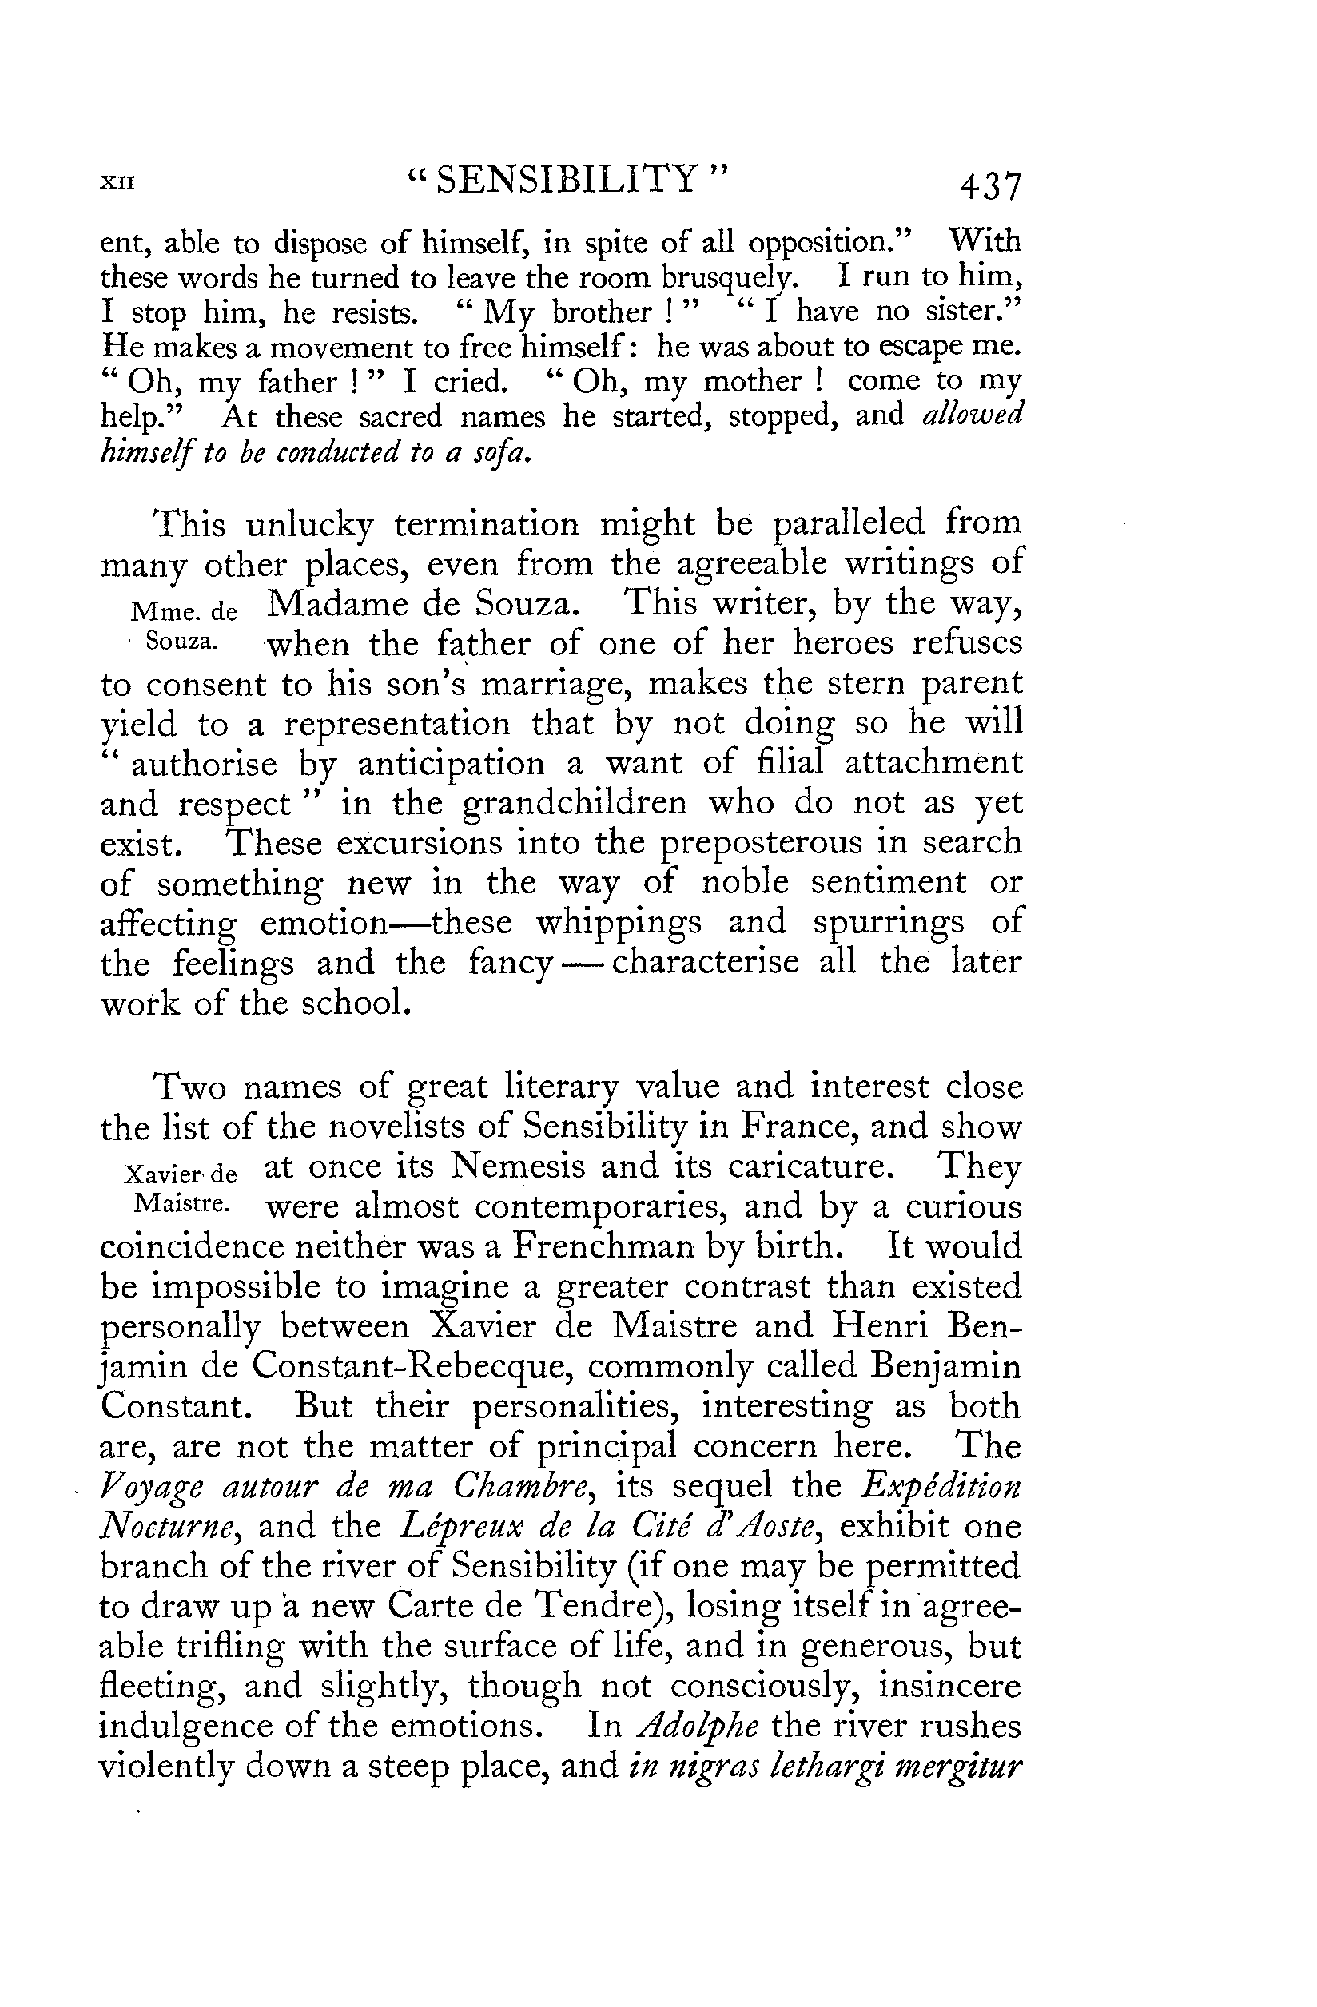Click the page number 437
(x=989, y=185)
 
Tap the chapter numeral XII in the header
(x=117, y=182)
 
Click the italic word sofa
(x=501, y=454)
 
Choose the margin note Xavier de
(x=181, y=1174)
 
